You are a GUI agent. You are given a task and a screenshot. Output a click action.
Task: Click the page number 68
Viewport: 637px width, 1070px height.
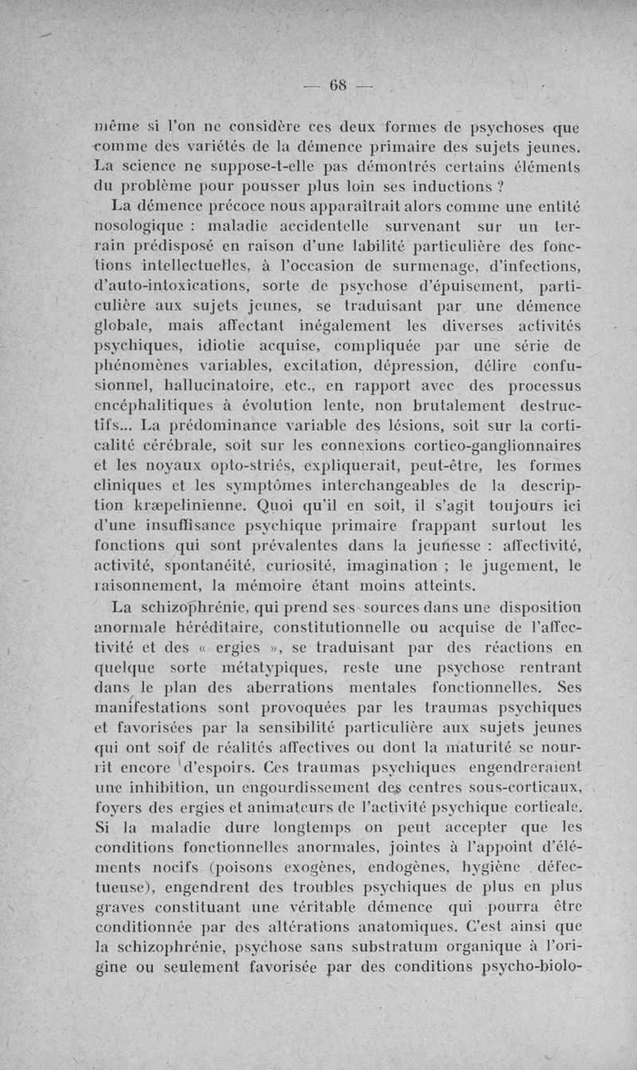tap(334, 86)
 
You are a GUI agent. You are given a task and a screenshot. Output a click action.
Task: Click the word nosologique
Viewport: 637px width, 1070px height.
tap(141, 226)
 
